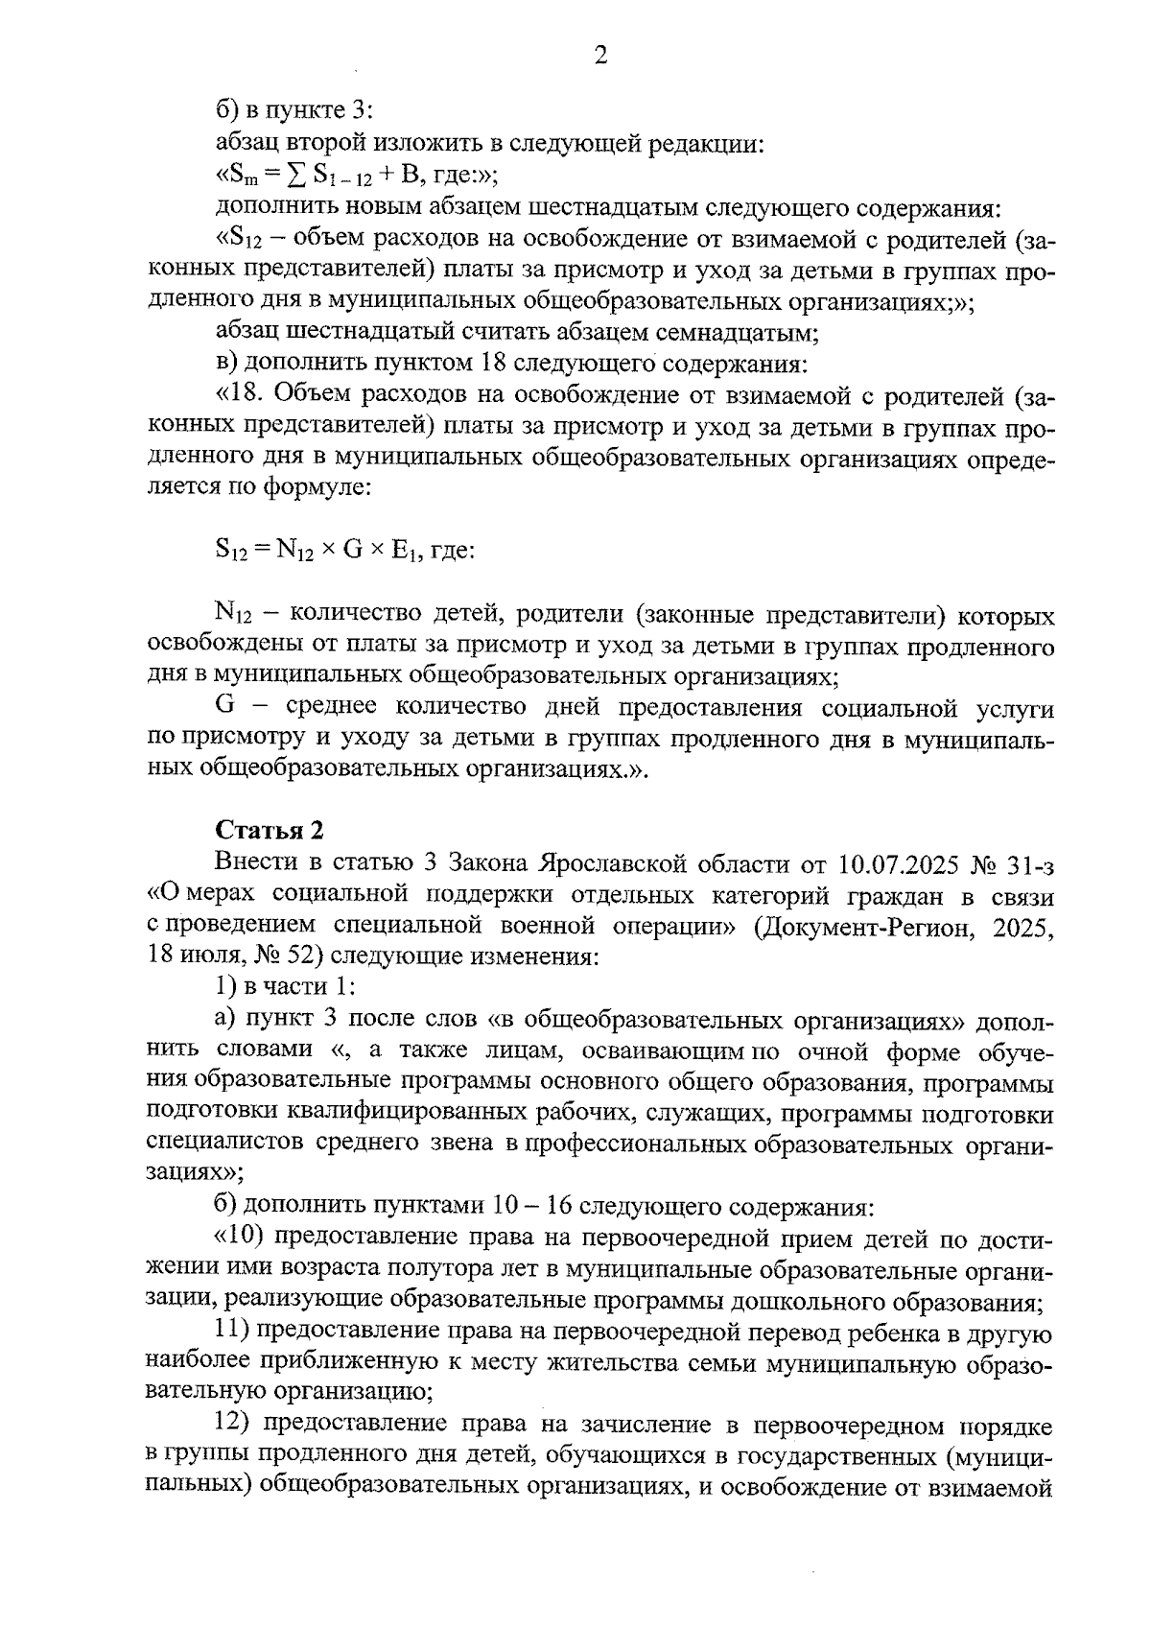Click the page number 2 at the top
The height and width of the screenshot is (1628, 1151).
tap(600, 56)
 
